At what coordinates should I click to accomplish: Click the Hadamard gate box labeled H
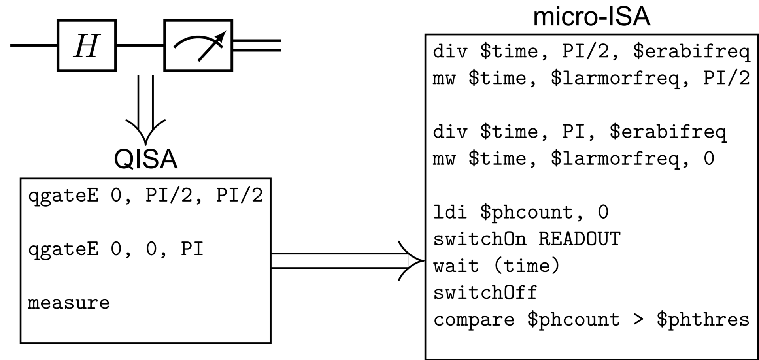87,45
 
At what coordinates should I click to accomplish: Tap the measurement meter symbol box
198,45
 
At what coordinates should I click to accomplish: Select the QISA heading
145,159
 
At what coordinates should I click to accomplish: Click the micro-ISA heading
591,17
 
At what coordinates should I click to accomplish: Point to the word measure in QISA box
68,303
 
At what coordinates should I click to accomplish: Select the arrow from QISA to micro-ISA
344,261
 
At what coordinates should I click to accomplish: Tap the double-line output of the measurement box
257,45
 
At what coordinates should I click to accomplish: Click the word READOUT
580,239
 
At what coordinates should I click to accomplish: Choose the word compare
474,320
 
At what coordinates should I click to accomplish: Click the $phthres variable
703,320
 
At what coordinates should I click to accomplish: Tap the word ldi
450,212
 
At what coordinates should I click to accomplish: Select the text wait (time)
497,266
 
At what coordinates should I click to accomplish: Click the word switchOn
480,239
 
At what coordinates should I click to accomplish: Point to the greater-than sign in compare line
638,320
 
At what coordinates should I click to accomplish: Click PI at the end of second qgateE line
192,249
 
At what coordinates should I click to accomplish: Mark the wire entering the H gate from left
34,45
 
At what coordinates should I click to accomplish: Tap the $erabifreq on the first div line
691,52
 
